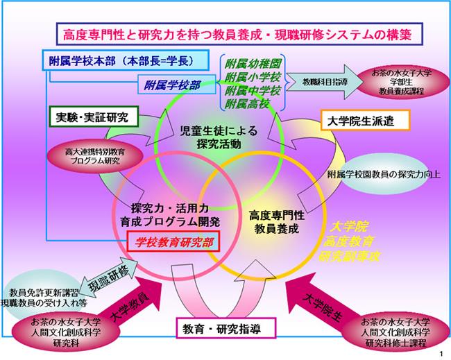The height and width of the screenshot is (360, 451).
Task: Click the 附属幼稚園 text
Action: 255,61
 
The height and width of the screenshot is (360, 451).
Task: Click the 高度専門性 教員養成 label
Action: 274,222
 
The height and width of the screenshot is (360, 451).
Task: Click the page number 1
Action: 441,354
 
